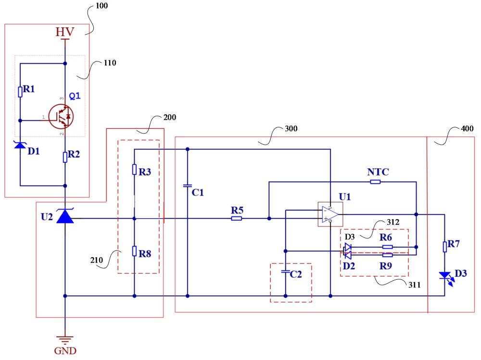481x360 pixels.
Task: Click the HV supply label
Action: click(65, 32)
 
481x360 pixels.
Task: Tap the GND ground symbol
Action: click(65, 340)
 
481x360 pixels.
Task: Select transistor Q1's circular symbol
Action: click(61, 116)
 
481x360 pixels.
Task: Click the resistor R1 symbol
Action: click(20, 92)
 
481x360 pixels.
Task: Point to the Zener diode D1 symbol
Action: click(20, 145)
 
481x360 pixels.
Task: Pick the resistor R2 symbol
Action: click(65, 157)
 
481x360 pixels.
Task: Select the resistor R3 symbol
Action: click(134, 170)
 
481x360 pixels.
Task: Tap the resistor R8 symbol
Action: click(134, 251)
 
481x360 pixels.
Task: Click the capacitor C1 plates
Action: click(188, 186)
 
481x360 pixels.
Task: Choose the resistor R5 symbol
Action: click(236, 218)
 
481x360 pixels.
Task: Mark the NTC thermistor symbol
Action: click(376, 182)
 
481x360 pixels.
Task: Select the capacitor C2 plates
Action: click(286, 272)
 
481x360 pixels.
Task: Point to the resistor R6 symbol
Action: click(387, 247)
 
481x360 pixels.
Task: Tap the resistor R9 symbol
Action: click(387, 255)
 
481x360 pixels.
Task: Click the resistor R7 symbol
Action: click(445, 247)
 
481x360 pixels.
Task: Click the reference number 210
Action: click(96, 260)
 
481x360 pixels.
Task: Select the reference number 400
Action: click(467, 128)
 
